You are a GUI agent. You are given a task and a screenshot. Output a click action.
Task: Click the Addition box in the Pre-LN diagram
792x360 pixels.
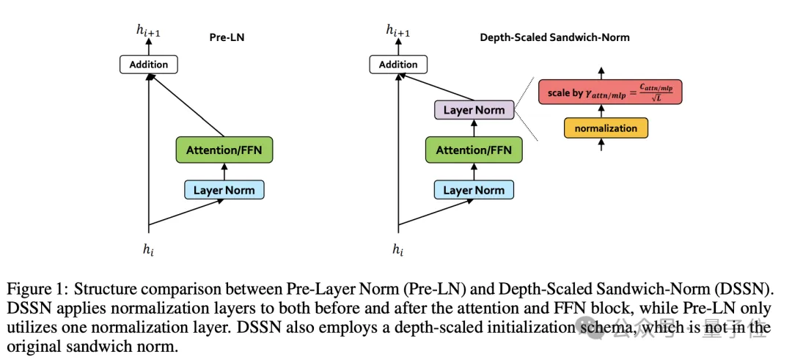click(149, 65)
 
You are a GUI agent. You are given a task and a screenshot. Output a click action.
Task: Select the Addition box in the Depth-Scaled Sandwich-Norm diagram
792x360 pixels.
click(398, 65)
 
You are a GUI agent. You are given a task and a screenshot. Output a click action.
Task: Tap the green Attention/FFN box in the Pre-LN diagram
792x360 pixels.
click(224, 150)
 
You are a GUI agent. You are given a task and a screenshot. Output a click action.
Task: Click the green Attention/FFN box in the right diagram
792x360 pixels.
click(474, 150)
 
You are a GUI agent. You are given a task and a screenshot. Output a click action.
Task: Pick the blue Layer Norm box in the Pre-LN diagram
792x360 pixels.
click(224, 190)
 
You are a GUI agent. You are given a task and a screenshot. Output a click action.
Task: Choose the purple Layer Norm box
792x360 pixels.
click(474, 110)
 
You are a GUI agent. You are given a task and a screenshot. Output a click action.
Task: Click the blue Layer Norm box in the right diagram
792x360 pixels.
click(474, 190)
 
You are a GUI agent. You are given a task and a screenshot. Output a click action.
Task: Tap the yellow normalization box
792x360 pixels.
click(606, 128)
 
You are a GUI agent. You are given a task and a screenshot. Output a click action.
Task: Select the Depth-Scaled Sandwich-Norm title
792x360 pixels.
click(554, 36)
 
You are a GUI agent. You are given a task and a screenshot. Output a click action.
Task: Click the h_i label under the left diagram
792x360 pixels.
click(149, 249)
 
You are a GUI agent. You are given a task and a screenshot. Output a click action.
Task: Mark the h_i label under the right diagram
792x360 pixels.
click(398, 249)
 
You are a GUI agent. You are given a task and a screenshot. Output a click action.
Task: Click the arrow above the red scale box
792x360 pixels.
click(601, 73)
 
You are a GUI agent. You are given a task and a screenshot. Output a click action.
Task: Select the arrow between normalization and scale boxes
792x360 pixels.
click(601, 110)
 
